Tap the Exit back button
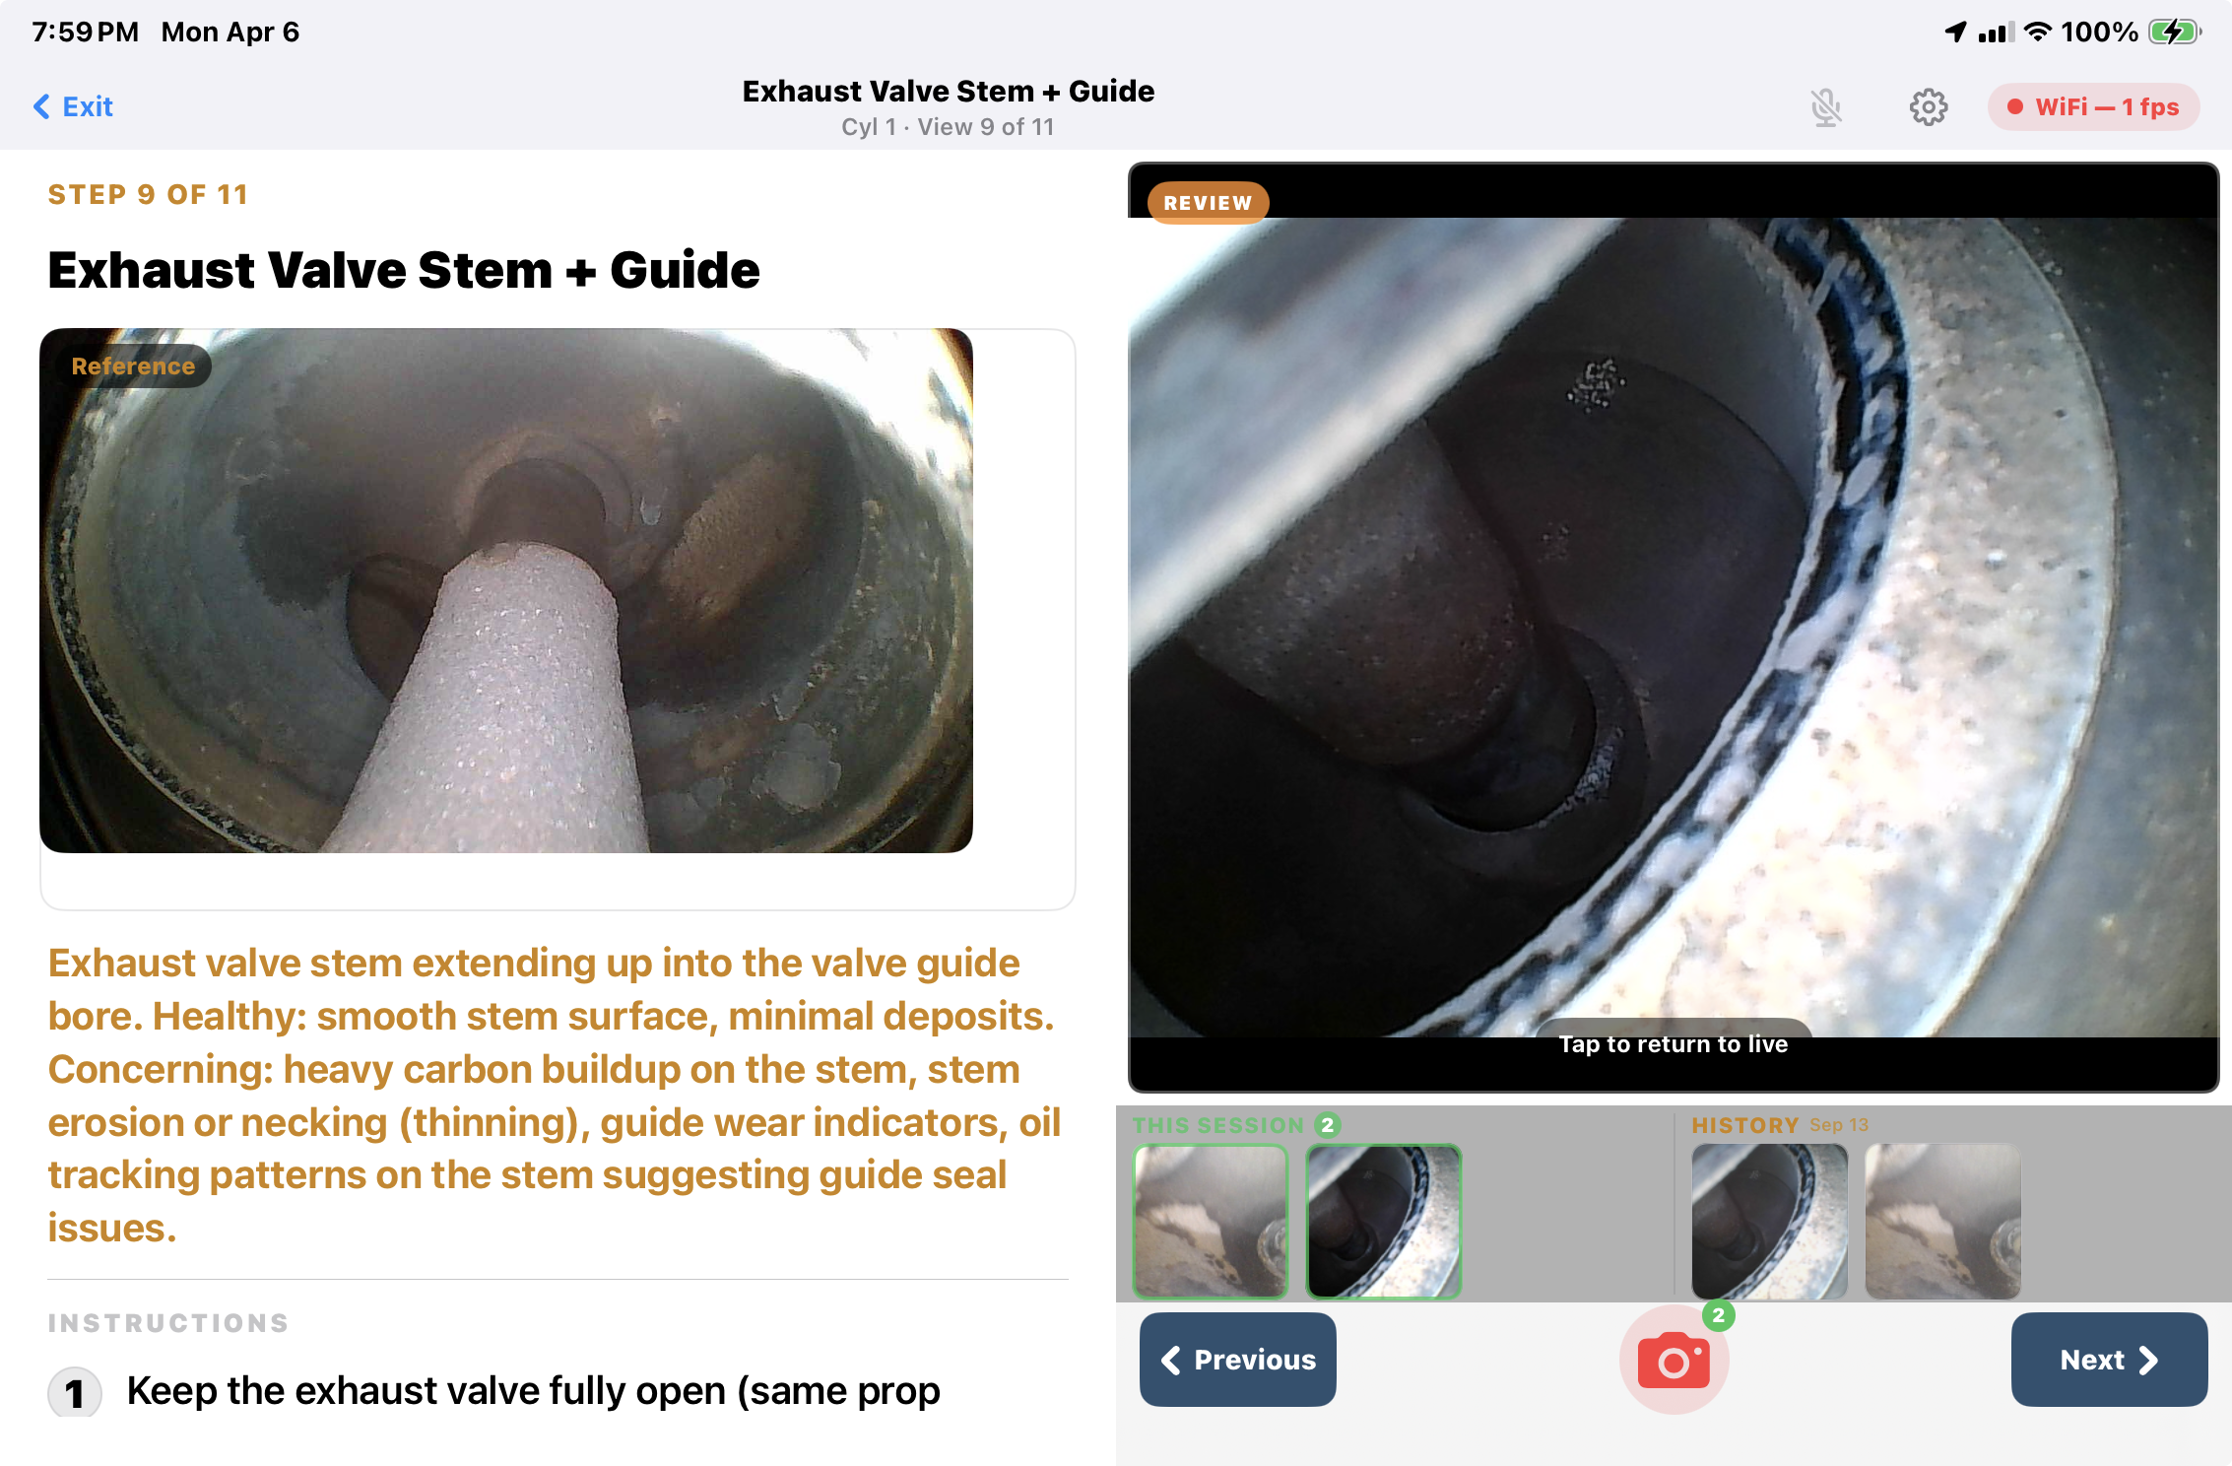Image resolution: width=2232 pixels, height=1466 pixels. tap(74, 106)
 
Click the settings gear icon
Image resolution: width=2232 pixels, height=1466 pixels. tap(1928, 107)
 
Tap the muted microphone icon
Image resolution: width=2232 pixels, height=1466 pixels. tap(1825, 107)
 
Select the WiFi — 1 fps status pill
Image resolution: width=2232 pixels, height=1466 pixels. tap(2093, 107)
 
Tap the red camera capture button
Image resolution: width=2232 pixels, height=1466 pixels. tap(1674, 1361)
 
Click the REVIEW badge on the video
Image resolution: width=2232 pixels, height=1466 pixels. tap(1208, 203)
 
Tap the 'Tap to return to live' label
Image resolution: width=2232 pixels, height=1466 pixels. tap(1673, 1044)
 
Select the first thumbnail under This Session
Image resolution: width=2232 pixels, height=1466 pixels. tap(1211, 1222)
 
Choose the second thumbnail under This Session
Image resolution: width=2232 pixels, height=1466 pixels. tap(1383, 1222)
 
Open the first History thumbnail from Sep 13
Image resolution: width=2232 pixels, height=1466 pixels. tap(1769, 1222)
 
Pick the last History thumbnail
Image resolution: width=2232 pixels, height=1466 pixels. tap(1942, 1222)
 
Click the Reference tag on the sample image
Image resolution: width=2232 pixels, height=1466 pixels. tap(133, 366)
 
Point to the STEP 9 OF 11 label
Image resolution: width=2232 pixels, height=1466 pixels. tap(148, 194)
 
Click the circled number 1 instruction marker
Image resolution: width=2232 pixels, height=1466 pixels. tap(75, 1392)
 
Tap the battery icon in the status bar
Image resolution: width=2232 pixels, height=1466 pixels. tap(2174, 32)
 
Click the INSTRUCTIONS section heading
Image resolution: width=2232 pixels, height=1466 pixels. tap(168, 1323)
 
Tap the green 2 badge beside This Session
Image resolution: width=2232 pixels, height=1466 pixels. tap(1327, 1125)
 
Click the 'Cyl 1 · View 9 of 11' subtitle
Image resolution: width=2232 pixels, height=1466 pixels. tap(948, 127)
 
